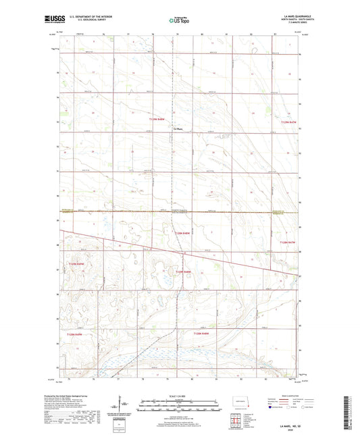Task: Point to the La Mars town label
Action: click(178, 128)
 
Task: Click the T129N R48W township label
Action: click(158, 119)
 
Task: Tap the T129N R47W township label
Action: click(288, 121)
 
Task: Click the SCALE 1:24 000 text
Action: click(180, 396)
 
